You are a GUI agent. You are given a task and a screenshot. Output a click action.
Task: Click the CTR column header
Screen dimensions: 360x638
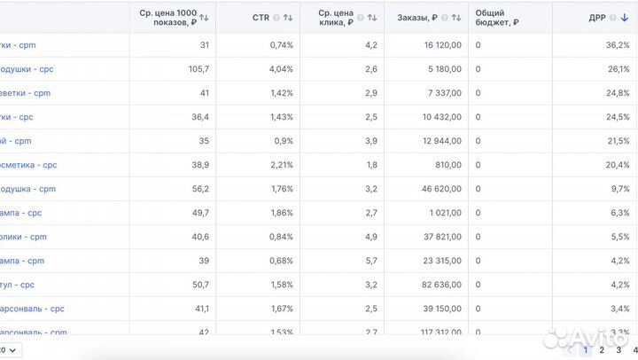coord(261,17)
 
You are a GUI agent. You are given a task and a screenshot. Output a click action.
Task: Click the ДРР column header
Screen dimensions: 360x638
coord(597,17)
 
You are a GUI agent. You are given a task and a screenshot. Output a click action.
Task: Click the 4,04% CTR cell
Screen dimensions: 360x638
coord(281,69)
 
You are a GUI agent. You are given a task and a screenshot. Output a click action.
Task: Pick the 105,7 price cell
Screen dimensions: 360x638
coord(199,69)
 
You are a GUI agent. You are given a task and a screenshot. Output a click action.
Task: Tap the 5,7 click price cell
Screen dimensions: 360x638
coord(371,261)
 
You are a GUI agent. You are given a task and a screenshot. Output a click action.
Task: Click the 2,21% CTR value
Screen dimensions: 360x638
coord(281,165)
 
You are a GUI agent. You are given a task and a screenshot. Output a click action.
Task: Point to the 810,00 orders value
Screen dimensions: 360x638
coord(448,165)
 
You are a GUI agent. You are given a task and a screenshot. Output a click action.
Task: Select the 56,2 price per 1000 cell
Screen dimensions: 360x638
coord(200,189)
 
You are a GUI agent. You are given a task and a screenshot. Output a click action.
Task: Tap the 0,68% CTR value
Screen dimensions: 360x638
coord(281,261)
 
